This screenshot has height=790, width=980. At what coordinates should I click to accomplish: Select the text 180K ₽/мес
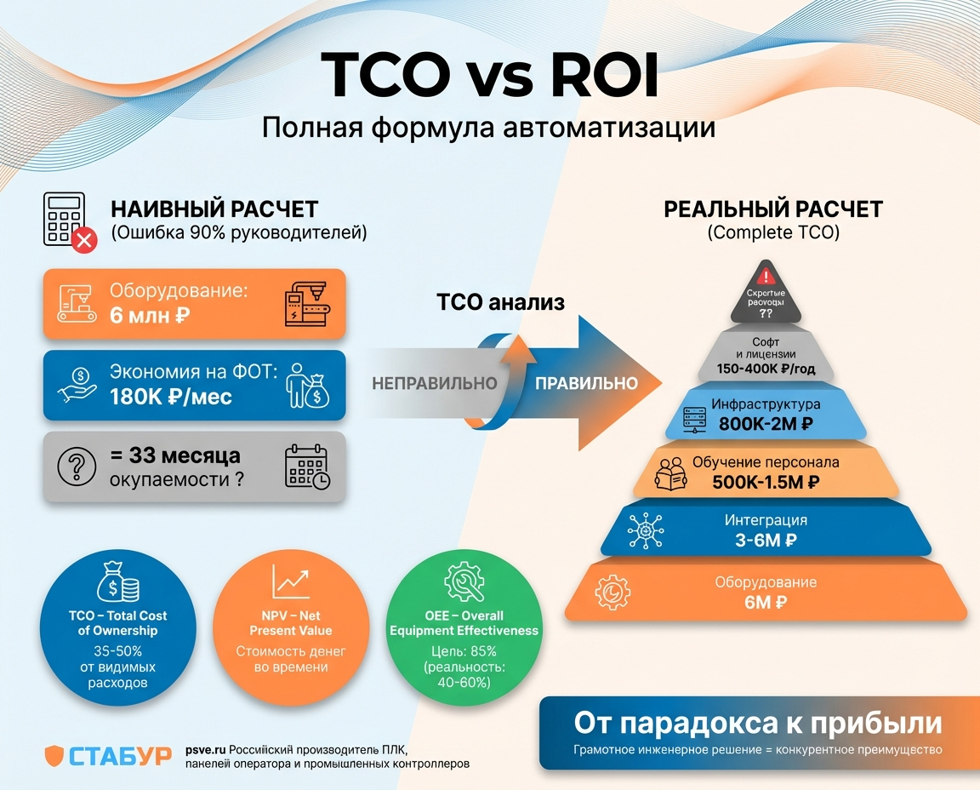point(170,396)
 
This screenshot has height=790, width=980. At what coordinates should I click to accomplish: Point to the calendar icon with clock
point(307,467)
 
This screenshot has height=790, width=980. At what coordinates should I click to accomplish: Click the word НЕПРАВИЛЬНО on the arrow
point(434,383)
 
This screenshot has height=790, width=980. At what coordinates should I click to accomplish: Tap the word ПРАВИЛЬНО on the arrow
point(586,383)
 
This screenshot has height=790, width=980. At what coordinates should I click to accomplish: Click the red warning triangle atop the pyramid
point(766,276)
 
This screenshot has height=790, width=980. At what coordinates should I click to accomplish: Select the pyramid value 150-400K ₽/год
point(766,369)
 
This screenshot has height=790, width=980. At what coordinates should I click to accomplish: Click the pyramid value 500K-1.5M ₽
point(766,481)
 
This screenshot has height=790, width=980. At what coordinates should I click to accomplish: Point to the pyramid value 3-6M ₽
point(766,539)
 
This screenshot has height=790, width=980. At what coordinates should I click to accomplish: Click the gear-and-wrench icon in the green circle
point(464,581)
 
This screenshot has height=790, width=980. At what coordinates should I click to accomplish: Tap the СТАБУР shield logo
point(54,754)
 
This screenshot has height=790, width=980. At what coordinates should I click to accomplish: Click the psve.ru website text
point(205,749)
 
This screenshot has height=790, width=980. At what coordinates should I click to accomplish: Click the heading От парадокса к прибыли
point(758,723)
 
